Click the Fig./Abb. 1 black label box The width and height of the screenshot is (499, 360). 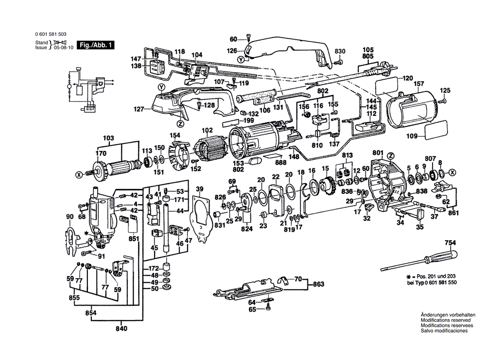[94, 45]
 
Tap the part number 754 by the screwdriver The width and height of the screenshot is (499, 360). [451, 243]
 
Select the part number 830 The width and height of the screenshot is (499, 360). [340, 52]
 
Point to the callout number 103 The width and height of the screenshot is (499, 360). [108, 138]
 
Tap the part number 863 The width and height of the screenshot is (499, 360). [319, 284]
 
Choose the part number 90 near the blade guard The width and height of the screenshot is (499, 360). [69, 216]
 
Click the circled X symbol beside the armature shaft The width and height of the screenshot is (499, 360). [78, 175]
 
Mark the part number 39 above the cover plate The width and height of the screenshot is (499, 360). [200, 188]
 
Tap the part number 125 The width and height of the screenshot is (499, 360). [445, 90]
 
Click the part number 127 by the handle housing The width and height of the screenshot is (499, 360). [139, 108]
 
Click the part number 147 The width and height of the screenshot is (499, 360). [137, 58]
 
